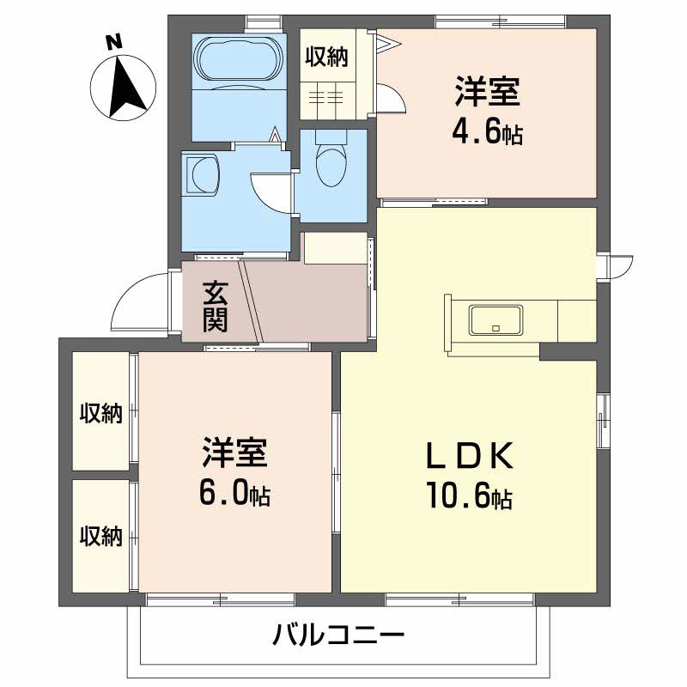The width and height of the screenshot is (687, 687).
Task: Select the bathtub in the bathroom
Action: tap(238, 62)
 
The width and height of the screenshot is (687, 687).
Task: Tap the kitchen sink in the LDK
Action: tap(496, 320)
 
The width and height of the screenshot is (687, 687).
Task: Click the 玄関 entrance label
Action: tap(214, 307)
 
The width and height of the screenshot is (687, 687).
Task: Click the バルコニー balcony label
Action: tap(338, 636)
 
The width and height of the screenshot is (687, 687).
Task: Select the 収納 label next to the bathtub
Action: tap(327, 58)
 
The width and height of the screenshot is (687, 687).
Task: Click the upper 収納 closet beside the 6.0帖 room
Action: tap(101, 413)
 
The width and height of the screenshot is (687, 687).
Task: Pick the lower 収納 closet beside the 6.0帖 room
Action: tap(101, 536)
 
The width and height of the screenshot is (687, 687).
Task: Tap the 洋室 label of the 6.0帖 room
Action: tap(234, 451)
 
